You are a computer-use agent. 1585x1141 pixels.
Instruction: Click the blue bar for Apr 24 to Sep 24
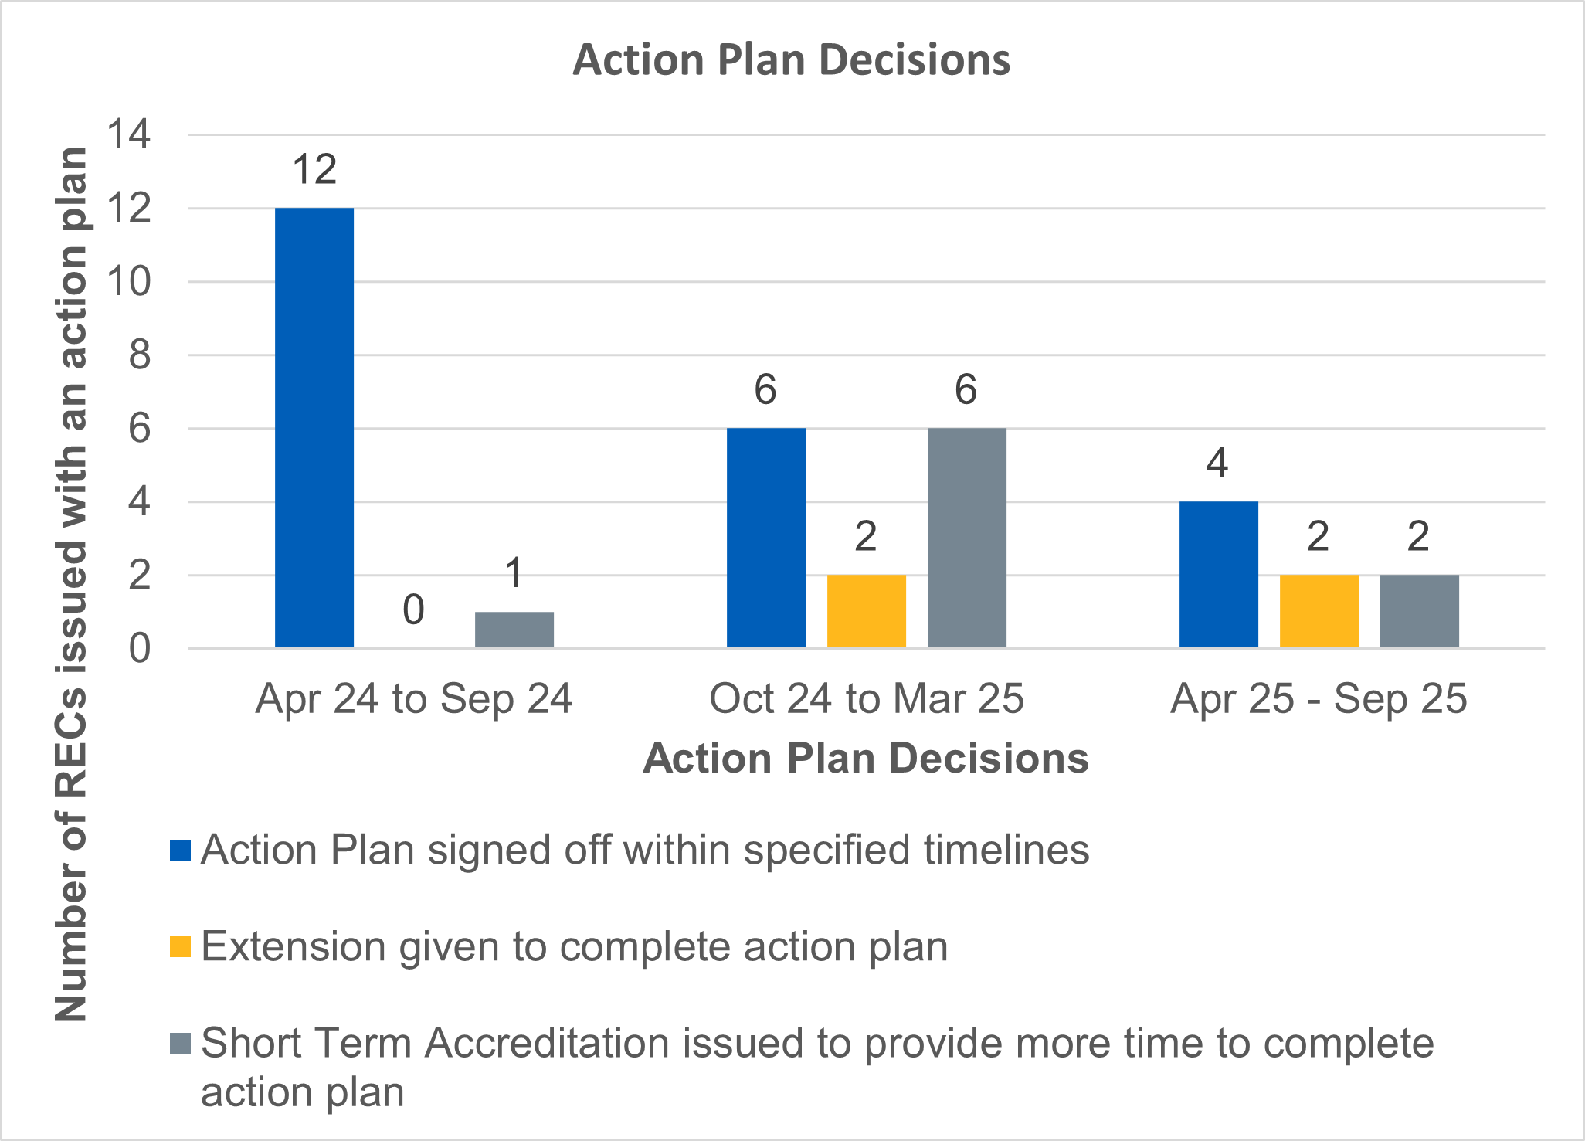tap(314, 427)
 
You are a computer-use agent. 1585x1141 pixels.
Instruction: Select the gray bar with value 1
tap(514, 630)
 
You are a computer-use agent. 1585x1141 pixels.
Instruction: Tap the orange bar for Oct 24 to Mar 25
tap(866, 611)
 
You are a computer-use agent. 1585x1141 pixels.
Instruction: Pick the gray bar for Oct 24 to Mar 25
tap(966, 538)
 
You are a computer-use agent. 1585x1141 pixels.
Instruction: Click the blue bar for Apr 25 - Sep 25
tap(1218, 574)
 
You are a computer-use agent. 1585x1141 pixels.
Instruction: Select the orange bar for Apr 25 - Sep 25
tap(1319, 611)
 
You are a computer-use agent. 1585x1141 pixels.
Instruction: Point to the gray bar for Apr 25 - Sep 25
tap(1419, 611)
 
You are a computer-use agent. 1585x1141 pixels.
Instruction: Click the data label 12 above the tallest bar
tap(314, 170)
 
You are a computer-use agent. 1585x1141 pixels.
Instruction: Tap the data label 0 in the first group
tap(414, 610)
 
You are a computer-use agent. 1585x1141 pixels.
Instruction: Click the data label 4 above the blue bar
tap(1217, 464)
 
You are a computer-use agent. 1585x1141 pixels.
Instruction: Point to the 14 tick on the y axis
tap(129, 134)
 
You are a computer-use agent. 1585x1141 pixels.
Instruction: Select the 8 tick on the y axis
tap(139, 355)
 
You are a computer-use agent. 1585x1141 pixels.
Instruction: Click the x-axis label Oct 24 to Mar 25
tap(866, 699)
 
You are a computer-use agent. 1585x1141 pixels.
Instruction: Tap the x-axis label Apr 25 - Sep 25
tap(1319, 699)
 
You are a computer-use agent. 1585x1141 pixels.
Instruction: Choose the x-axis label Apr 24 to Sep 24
tap(414, 699)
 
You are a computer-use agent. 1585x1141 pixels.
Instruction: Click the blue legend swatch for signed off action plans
tap(180, 850)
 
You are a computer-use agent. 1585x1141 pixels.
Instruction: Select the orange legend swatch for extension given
tap(180, 947)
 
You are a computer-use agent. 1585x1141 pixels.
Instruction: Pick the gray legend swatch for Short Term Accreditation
tap(180, 1044)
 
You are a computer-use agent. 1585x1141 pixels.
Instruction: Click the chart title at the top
tap(791, 60)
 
